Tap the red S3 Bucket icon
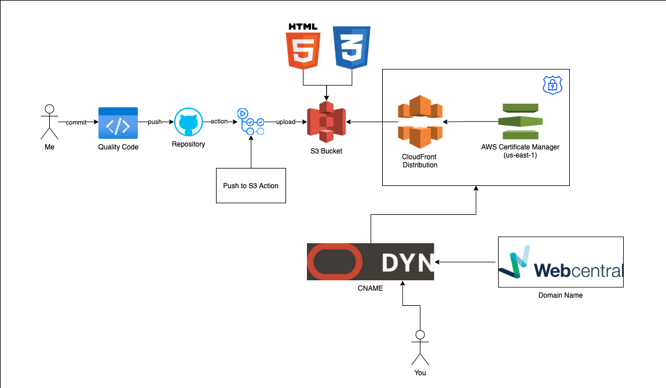(x=326, y=123)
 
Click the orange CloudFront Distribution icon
(x=420, y=122)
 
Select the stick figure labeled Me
(x=49, y=122)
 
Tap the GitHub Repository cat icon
(x=188, y=122)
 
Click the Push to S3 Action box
(x=251, y=185)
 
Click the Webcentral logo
(x=561, y=262)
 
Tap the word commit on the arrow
(x=76, y=123)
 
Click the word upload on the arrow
(x=286, y=122)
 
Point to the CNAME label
(x=370, y=288)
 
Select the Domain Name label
(x=561, y=295)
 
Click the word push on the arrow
(x=155, y=122)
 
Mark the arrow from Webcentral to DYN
(x=466, y=262)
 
